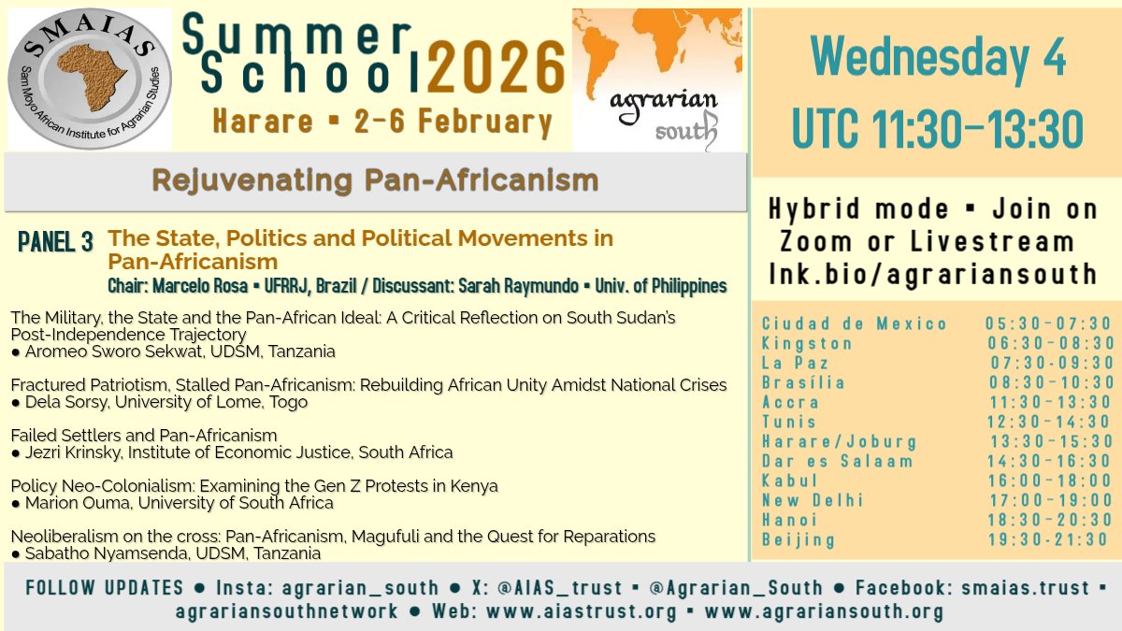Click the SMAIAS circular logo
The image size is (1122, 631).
pyautogui.click(x=90, y=79)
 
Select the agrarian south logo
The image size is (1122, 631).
pyautogui.click(x=656, y=79)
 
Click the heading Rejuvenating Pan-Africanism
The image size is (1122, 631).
pyautogui.click(x=374, y=180)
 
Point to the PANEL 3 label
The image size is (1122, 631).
pyautogui.click(x=55, y=243)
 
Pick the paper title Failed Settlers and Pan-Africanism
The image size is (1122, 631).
pyautogui.click(x=144, y=436)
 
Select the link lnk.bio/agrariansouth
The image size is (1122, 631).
pyautogui.click(x=932, y=274)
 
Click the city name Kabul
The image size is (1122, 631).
pyautogui.click(x=790, y=480)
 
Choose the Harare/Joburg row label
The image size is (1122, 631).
pyautogui.click(x=839, y=441)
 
